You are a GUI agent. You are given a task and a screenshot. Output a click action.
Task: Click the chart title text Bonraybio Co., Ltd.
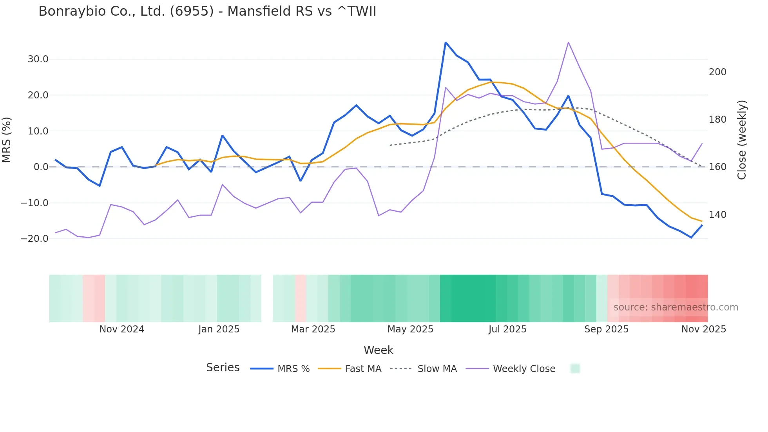click(207, 11)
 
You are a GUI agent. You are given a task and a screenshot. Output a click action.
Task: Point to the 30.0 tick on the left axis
click(38, 59)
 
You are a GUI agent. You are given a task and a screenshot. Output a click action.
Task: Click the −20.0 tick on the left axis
click(34, 238)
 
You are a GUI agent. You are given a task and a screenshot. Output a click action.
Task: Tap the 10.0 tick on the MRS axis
click(38, 131)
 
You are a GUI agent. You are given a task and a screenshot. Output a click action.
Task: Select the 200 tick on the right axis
click(717, 72)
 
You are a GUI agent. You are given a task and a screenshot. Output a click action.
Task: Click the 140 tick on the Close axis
click(717, 215)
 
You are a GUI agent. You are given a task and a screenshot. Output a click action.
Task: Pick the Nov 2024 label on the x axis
click(122, 329)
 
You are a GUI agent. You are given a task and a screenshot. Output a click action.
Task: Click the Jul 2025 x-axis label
click(507, 329)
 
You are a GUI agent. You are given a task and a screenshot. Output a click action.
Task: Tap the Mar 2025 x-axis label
click(313, 329)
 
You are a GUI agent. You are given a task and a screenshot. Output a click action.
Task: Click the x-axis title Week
click(378, 350)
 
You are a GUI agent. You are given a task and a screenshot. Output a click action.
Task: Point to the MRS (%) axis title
click(7, 140)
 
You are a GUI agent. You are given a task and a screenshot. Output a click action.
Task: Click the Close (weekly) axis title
click(742, 140)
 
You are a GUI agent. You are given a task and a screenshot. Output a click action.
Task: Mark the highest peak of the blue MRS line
click(446, 42)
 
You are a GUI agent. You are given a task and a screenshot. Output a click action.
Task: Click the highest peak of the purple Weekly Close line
click(568, 42)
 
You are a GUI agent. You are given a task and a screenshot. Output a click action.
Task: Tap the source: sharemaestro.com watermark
click(676, 307)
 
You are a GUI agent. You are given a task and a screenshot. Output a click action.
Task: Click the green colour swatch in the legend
click(575, 368)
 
